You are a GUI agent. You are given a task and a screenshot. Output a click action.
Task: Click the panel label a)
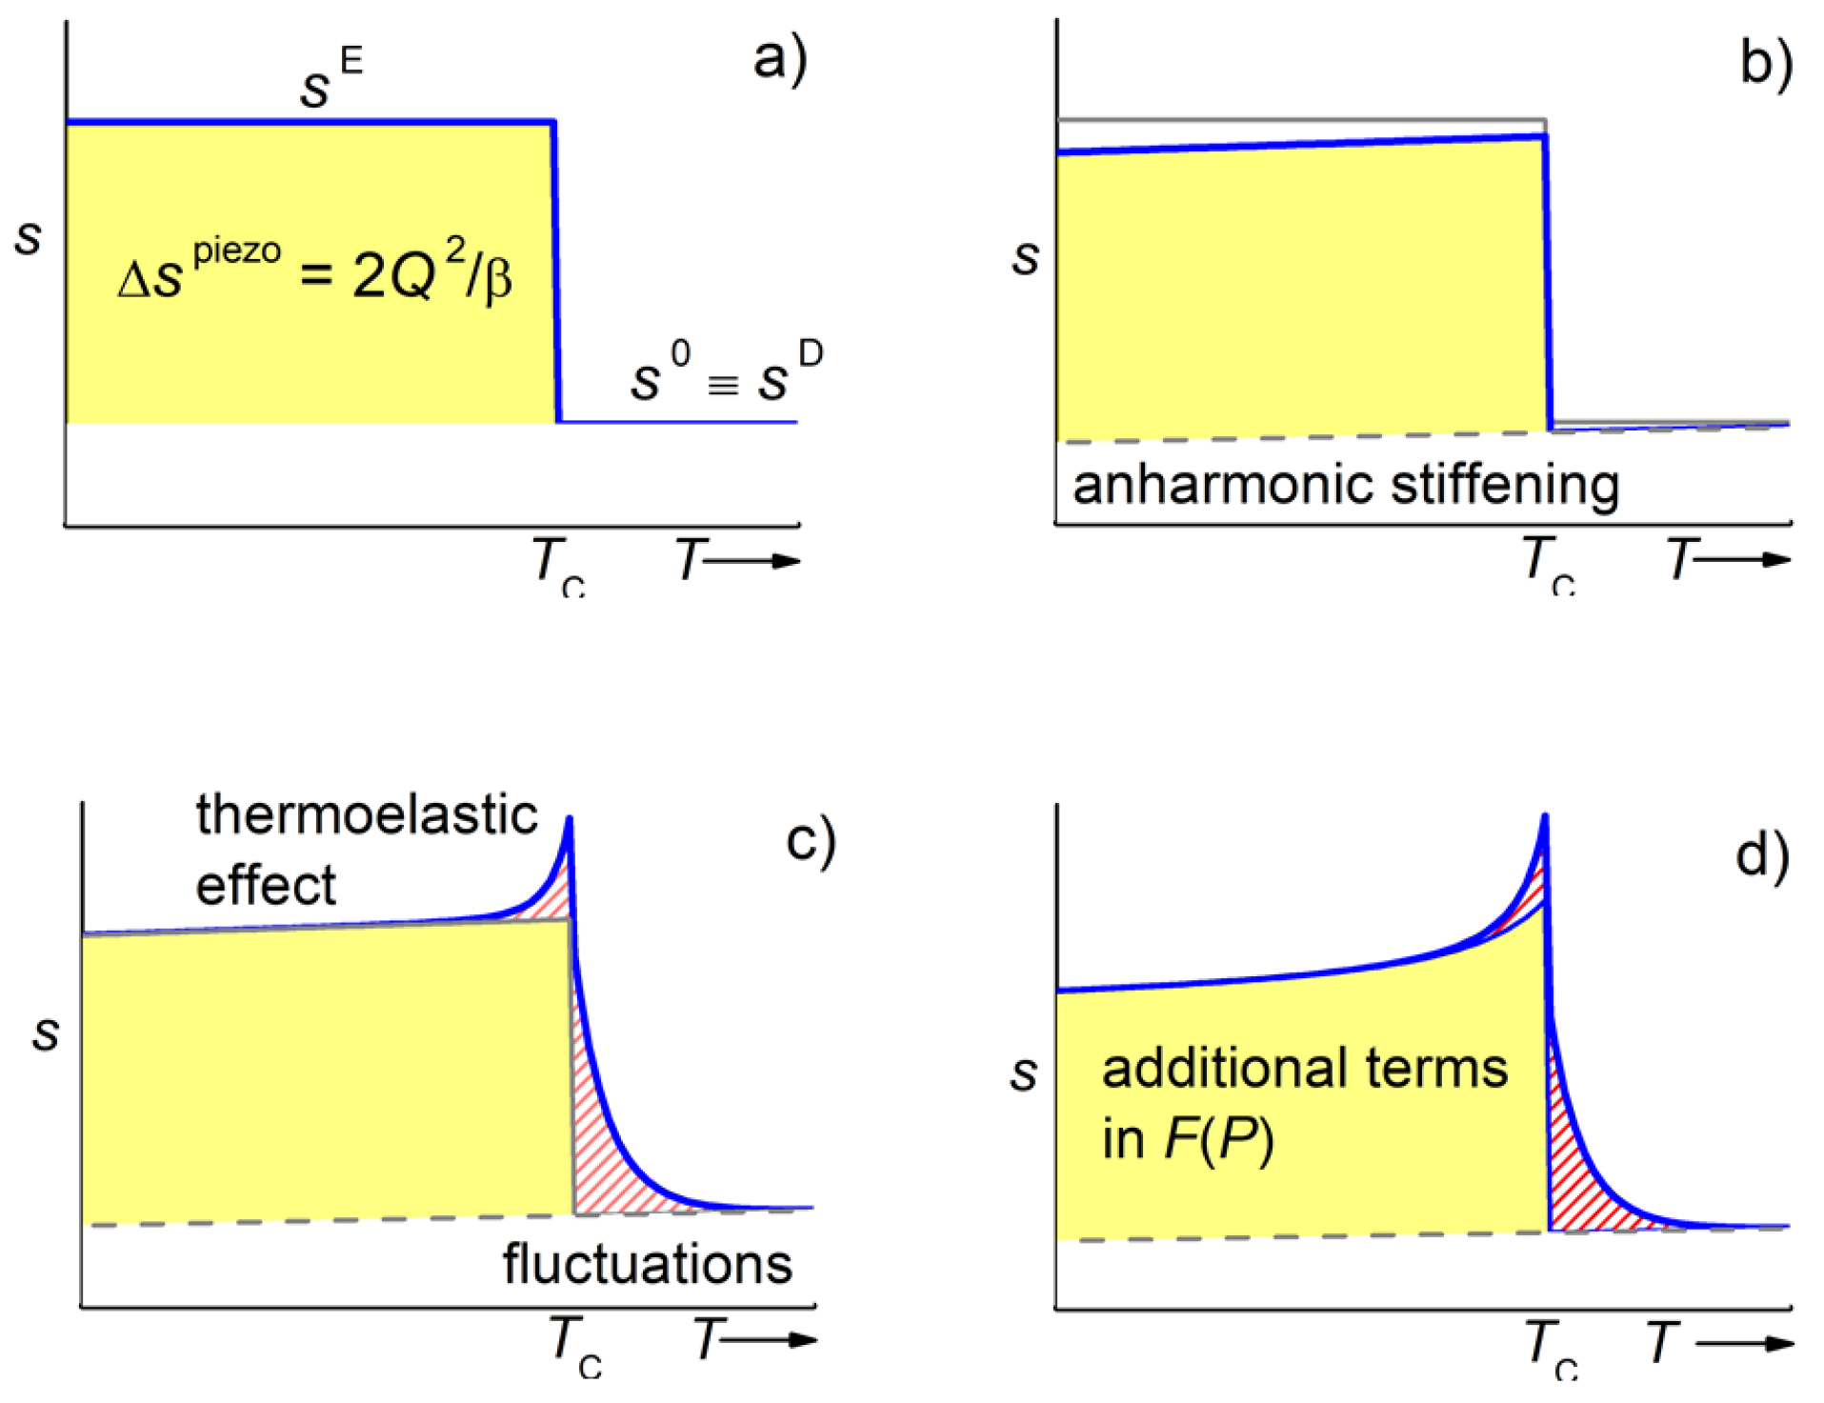(x=779, y=59)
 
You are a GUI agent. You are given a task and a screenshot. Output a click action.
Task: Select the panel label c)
(x=811, y=842)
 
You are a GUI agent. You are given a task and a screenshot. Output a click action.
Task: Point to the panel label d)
(x=1762, y=855)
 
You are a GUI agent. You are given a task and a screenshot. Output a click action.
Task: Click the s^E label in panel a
(x=330, y=80)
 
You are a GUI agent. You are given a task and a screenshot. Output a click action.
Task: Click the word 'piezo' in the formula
(x=237, y=252)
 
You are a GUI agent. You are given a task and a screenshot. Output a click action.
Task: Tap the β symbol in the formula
(x=498, y=281)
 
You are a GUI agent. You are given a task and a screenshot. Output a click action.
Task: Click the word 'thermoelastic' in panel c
(x=367, y=816)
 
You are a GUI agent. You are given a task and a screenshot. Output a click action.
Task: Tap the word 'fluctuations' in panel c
(x=648, y=1265)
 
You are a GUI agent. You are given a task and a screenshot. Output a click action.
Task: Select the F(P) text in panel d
(x=1218, y=1139)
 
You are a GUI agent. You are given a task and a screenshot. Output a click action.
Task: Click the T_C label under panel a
(x=558, y=564)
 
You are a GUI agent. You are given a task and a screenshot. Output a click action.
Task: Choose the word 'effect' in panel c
(x=266, y=886)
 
